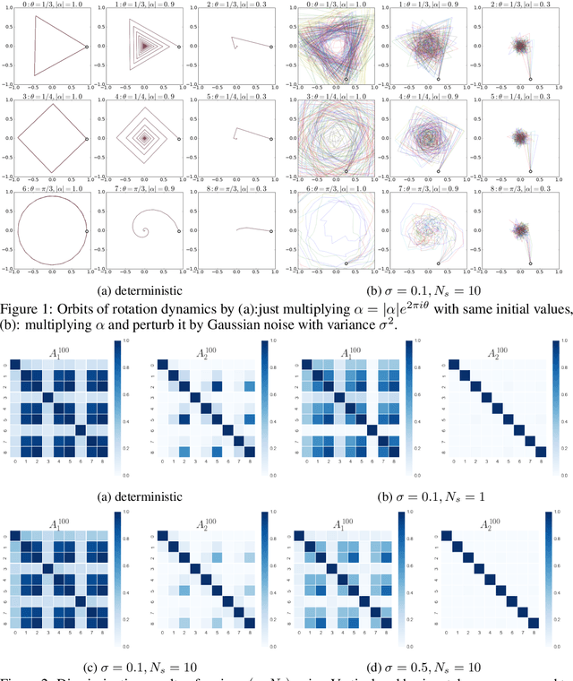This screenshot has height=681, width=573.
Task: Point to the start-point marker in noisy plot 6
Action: pyautogui.click(x=346, y=263)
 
